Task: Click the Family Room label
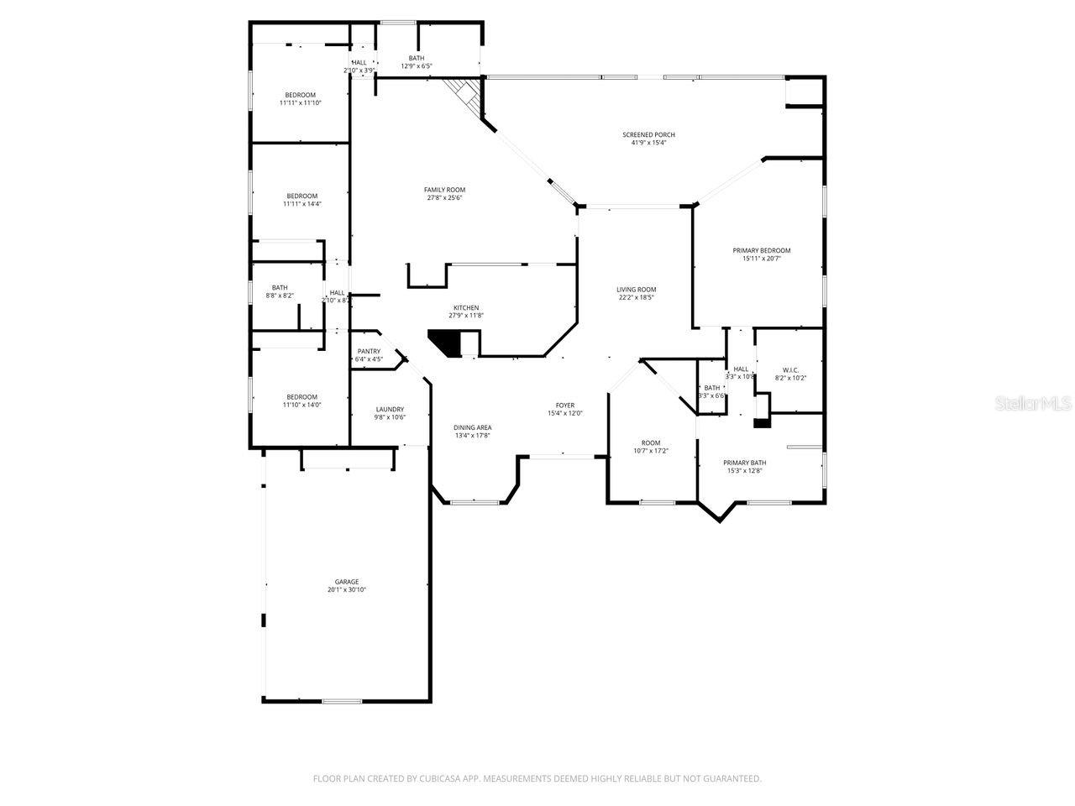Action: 444,190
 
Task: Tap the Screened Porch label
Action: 648,134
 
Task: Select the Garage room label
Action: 347,582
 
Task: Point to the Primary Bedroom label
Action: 761,250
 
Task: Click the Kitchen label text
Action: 466,308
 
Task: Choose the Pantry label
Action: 369,352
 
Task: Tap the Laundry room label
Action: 390,410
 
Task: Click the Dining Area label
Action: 472,427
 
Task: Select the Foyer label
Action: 564,406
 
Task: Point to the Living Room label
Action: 636,290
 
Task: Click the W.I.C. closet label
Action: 789,370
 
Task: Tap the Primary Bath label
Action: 745,463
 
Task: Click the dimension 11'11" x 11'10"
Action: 300,102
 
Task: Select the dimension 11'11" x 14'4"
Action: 302,203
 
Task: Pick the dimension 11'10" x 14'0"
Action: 302,405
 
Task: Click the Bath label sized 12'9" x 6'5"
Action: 416,58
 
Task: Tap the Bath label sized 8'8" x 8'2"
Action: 280,288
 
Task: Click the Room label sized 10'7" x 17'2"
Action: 651,443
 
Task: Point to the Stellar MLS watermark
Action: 1033,404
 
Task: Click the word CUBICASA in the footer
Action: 442,779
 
